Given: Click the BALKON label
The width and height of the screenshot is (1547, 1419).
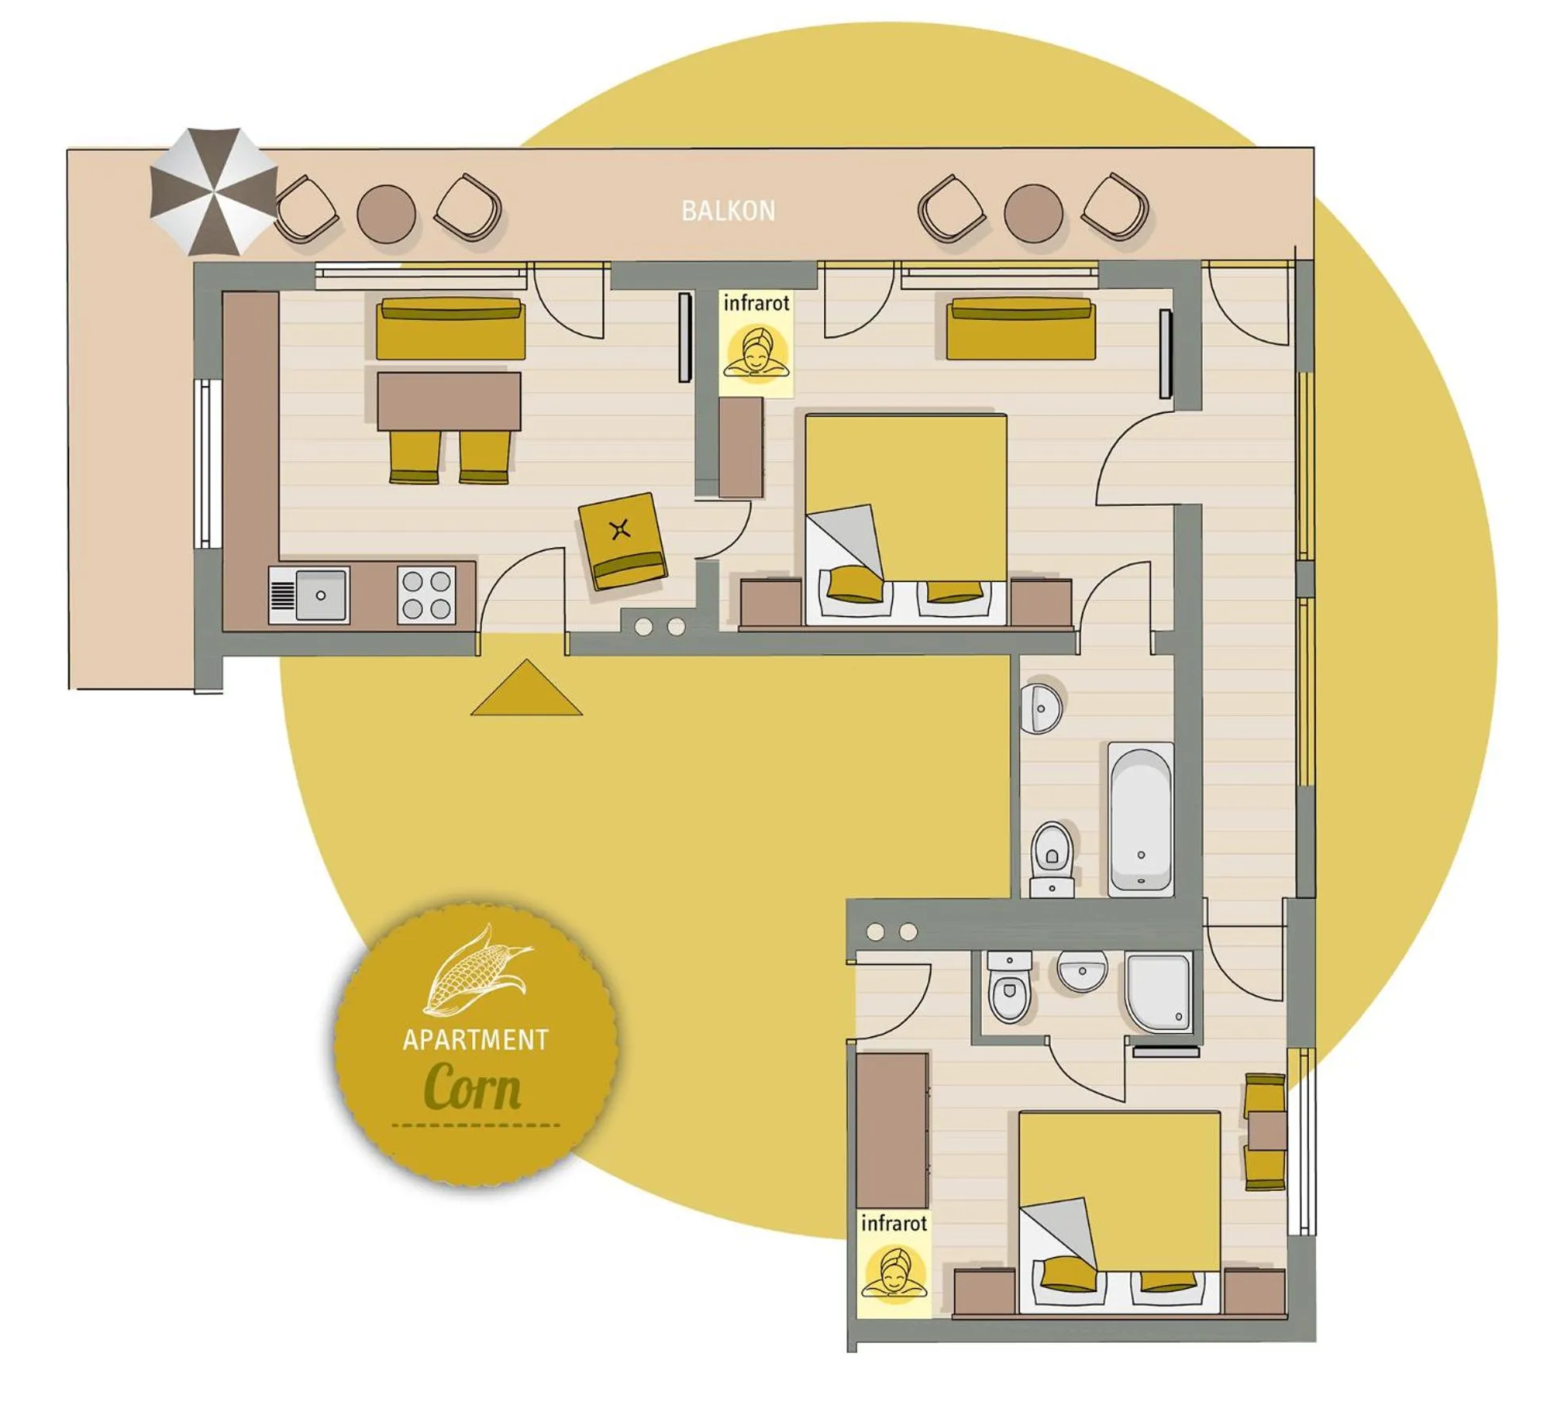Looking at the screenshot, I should (x=728, y=210).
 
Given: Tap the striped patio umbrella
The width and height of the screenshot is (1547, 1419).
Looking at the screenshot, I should (x=213, y=191).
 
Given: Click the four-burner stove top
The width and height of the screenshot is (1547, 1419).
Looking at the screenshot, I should (x=426, y=595).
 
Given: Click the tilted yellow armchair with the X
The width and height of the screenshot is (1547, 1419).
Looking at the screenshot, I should (x=622, y=541).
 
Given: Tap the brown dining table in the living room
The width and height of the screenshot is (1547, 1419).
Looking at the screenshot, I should (x=448, y=401).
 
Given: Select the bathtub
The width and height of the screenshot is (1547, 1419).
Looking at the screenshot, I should (x=1140, y=818).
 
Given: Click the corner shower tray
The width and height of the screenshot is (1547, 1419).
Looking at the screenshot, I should (x=1158, y=993).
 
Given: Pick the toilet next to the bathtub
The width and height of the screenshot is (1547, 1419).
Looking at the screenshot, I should (x=1052, y=860).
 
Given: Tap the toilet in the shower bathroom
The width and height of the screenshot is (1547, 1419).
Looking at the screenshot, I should (x=1009, y=987).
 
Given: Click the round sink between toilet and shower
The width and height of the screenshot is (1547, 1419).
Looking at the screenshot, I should (x=1082, y=970).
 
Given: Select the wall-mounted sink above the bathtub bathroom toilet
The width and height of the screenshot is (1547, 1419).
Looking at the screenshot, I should (x=1041, y=707).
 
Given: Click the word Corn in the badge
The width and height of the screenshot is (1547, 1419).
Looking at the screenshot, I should (x=473, y=1086).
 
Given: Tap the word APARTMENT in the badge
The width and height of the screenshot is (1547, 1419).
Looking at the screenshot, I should (x=475, y=1040).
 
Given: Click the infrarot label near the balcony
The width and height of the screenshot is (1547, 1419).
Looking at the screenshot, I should (x=756, y=303).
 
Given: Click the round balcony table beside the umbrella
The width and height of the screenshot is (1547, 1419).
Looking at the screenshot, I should (x=387, y=213).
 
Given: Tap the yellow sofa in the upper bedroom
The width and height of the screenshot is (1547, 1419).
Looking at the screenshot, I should (x=1021, y=328).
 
